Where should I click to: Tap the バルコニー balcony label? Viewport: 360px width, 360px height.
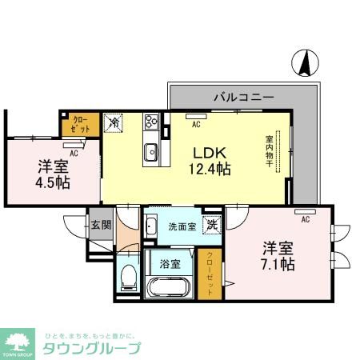coord(243,96)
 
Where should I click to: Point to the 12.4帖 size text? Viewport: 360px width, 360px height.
coord(210,169)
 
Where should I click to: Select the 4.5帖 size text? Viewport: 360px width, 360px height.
coord(53,182)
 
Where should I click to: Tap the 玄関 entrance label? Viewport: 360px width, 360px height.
coord(100,226)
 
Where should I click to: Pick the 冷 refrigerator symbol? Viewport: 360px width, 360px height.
coord(114,123)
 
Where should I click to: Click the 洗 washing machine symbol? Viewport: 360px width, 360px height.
coord(211,226)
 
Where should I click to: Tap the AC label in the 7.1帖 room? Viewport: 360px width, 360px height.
coord(305,217)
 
